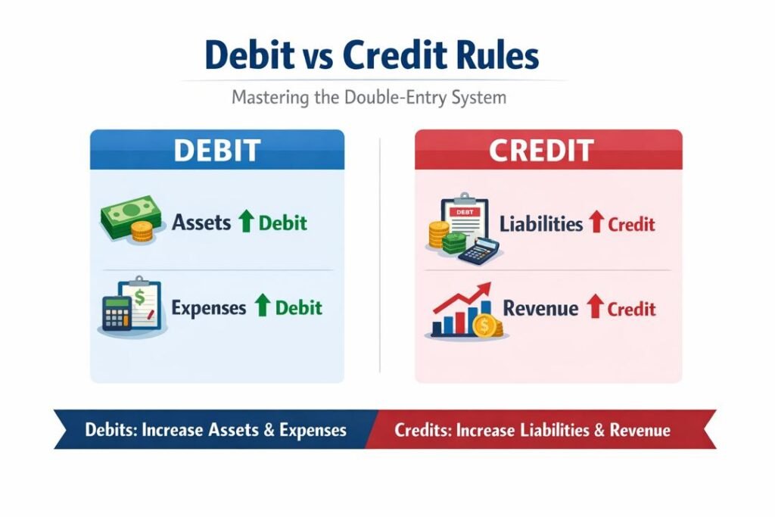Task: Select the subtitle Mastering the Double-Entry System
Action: (369, 98)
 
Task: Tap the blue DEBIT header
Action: (216, 149)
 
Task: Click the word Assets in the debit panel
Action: (202, 223)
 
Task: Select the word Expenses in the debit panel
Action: (209, 308)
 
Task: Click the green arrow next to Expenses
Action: (262, 307)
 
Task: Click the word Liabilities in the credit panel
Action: (541, 224)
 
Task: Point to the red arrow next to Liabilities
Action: (596, 223)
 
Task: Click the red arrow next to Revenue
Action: (595, 307)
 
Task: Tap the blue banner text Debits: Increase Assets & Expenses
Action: (216, 430)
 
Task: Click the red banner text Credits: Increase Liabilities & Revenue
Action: (532, 430)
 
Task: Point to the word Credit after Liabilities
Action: (631, 224)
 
